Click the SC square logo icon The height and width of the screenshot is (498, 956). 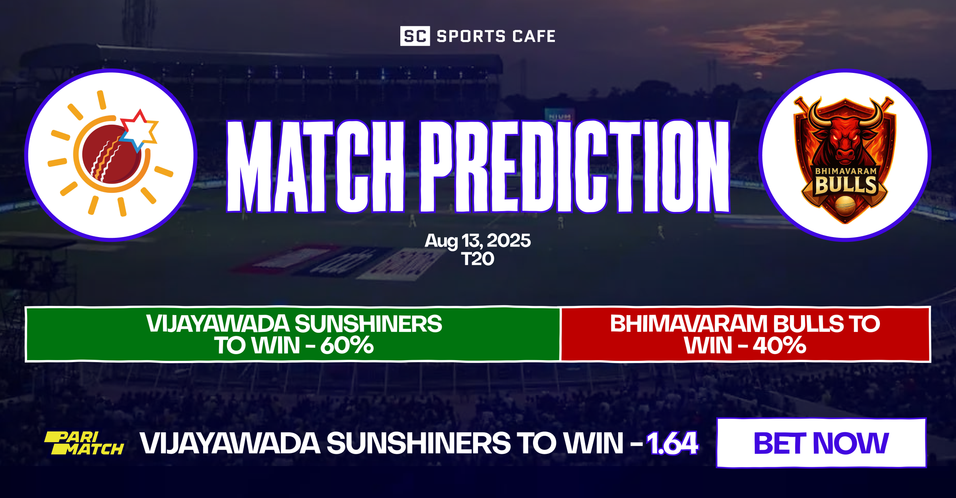[415, 36]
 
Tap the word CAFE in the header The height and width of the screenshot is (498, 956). [534, 36]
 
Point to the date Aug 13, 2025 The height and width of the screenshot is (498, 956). [478, 241]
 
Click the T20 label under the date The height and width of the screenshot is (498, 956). [478, 259]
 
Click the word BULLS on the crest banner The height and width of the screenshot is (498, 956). [846, 185]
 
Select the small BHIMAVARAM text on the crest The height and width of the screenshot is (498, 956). [846, 171]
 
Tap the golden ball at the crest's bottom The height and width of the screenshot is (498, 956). [845, 205]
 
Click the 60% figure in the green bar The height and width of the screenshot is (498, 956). [347, 345]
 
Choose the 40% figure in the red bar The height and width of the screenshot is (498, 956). [780, 345]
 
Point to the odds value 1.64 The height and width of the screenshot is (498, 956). [672, 443]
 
